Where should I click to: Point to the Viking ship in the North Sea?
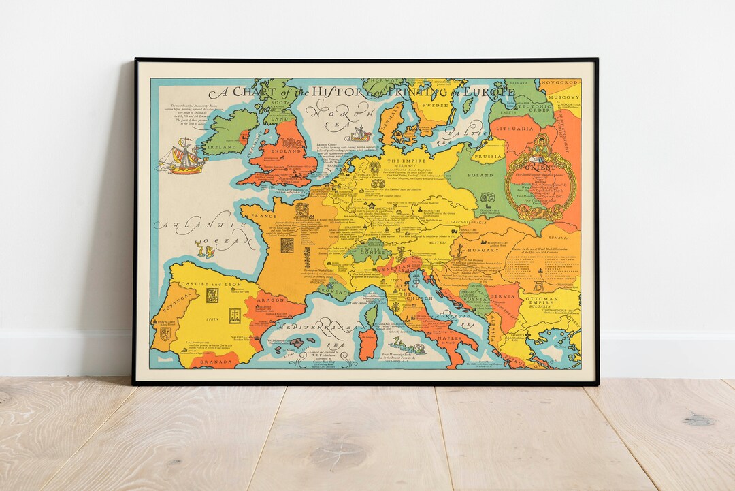point(358,133)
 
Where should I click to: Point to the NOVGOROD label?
point(560,83)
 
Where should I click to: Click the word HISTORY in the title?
point(335,91)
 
